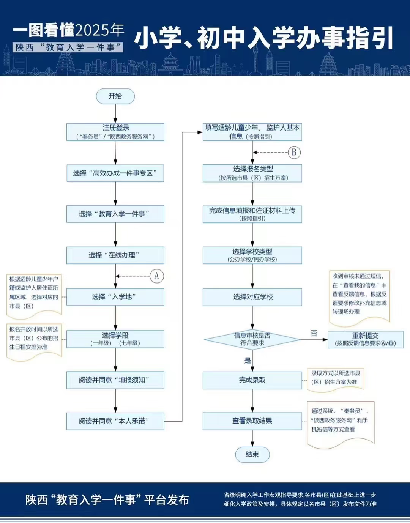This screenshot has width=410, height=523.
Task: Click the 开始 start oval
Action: coord(115,96)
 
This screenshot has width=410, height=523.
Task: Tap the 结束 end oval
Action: coord(252,454)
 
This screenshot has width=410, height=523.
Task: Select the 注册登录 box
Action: coord(115,132)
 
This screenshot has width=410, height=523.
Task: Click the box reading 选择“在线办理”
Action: coord(115,255)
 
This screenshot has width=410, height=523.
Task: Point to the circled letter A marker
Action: coord(157,276)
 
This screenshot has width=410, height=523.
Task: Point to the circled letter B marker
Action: coord(294,153)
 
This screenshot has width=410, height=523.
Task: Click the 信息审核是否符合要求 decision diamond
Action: coord(252,339)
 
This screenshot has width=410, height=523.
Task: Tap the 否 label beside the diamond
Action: coord(314,333)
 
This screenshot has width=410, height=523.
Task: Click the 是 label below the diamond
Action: coord(248,361)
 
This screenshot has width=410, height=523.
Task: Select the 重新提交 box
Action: coord(365,339)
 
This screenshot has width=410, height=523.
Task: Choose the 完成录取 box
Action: coord(252,380)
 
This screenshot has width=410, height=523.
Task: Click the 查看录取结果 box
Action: coord(252,421)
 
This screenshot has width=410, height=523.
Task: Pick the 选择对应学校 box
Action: coord(252,297)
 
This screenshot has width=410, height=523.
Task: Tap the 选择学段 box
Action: coord(115,339)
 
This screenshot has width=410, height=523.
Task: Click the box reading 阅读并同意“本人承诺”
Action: coord(115,421)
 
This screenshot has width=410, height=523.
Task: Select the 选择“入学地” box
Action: coord(115,297)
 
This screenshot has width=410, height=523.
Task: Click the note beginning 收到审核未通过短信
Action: coord(360,294)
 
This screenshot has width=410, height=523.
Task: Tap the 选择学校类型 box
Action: coord(252,255)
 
